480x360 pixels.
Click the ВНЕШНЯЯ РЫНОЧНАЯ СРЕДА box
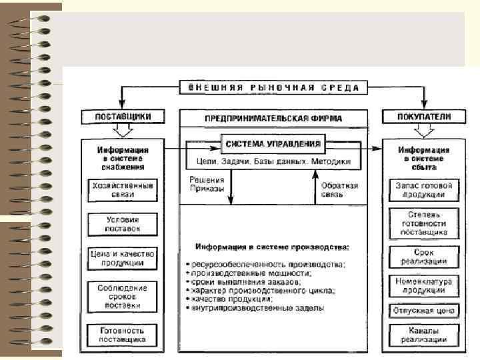(x=273, y=88)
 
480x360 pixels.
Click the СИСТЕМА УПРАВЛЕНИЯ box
(x=273, y=144)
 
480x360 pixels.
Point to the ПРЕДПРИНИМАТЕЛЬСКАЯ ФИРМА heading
(x=273, y=119)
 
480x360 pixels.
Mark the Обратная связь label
(x=340, y=190)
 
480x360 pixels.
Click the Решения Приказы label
(x=207, y=184)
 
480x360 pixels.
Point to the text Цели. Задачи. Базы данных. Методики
(x=274, y=161)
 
